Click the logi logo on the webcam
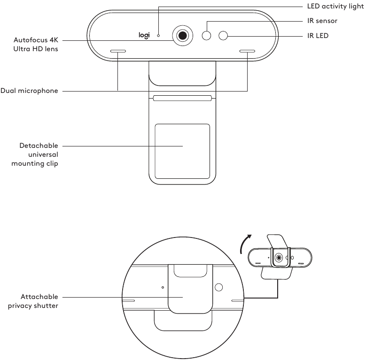(x=144, y=35)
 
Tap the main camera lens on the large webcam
(x=182, y=35)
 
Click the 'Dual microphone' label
(x=29, y=91)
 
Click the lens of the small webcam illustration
(x=279, y=258)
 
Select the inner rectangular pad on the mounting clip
(x=182, y=151)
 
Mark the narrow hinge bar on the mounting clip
(x=182, y=99)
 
